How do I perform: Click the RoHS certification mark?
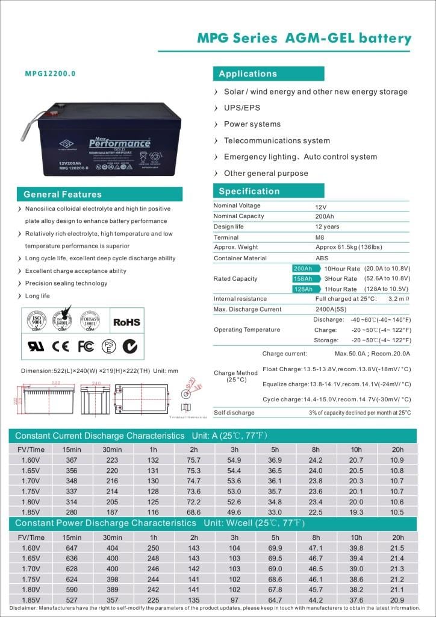coord(126,322)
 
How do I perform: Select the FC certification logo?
coord(86,346)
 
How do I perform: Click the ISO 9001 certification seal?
coord(37,321)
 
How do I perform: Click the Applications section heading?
coord(248,74)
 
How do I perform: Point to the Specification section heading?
coord(249,191)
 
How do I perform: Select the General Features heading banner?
coord(63,194)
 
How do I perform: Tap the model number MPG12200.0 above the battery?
coord(51,74)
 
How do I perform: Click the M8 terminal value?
coord(320,237)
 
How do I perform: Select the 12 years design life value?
coord(327,227)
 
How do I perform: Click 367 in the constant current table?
coord(72,460)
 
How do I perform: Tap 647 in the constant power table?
coord(72,548)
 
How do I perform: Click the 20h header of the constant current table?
coord(397,449)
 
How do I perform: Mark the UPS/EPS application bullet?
coord(243,108)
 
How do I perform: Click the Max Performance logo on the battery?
coord(119,143)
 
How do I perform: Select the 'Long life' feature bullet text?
coord(37,296)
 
